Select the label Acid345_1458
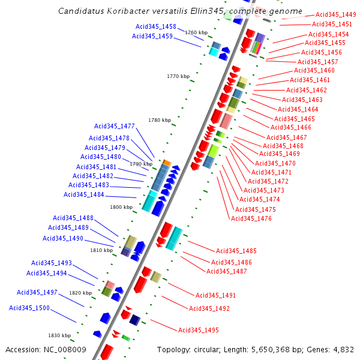pyautogui.click(x=156, y=26)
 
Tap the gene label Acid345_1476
pyautogui.click(x=251, y=218)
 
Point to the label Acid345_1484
pyautogui.click(x=84, y=194)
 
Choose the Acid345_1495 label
pyautogui.click(x=199, y=330)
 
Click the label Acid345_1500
pyautogui.click(x=29, y=308)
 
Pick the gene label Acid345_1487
pyautogui.click(x=227, y=271)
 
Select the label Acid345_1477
pyautogui.click(x=115, y=126)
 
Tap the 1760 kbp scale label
pyautogui.click(x=196, y=32)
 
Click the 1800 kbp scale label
pyautogui.click(x=121, y=207)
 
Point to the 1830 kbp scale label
pyautogui.click(x=59, y=335)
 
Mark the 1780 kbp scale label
pyautogui.click(x=160, y=120)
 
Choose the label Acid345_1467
pyautogui.click(x=287, y=137)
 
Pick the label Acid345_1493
pyautogui.click(x=52, y=263)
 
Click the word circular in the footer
pyautogui.click(x=207, y=349)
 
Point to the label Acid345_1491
pyautogui.click(x=216, y=295)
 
